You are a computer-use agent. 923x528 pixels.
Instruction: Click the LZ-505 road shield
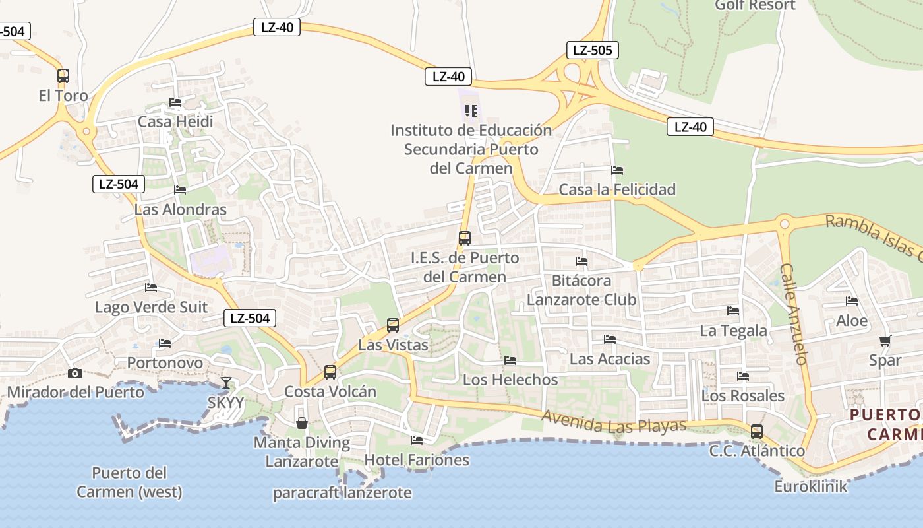click(x=592, y=50)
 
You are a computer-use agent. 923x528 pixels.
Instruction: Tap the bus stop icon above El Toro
click(x=63, y=76)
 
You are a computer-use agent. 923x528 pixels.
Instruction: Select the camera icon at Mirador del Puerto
click(x=75, y=374)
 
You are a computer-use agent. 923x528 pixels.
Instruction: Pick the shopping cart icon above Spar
click(x=885, y=341)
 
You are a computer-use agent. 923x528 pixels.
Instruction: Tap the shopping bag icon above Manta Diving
click(x=302, y=423)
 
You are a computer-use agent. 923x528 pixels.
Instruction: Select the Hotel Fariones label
click(x=417, y=460)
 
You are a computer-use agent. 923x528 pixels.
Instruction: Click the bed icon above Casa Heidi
click(x=175, y=102)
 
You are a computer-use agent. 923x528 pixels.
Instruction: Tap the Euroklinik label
click(x=810, y=487)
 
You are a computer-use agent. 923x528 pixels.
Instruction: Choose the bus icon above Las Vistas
click(x=393, y=325)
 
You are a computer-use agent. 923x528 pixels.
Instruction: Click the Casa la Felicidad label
click(x=617, y=190)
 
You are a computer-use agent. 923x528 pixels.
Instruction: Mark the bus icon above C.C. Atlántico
click(x=757, y=432)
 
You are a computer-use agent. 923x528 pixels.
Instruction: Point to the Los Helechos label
click(x=510, y=380)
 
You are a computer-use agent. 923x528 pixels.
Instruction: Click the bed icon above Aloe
click(x=852, y=301)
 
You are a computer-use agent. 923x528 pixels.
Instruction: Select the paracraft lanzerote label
click(x=342, y=493)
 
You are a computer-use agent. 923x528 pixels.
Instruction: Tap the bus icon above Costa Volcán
click(x=330, y=372)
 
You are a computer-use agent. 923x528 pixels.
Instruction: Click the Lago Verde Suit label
click(x=151, y=307)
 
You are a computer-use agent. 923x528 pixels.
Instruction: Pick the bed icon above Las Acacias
click(x=610, y=339)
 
